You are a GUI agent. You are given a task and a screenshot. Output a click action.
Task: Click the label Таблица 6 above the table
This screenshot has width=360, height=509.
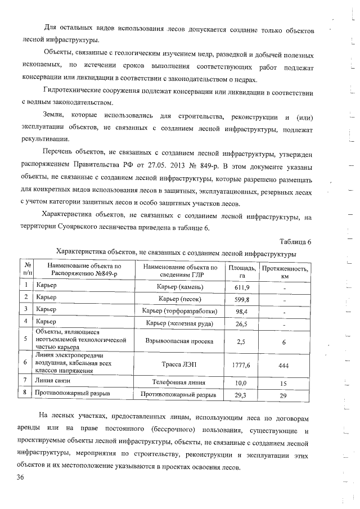(294, 242)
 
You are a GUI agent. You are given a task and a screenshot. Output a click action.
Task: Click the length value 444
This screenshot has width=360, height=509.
(284, 365)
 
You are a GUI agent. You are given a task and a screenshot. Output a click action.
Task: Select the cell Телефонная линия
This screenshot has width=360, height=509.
(179, 382)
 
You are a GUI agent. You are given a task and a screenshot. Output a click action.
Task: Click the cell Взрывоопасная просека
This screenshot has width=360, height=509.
(179, 341)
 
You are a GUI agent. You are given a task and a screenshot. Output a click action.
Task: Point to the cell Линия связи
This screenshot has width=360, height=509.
(52, 382)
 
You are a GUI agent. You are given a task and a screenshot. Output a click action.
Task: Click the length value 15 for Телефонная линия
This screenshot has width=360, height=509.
(284, 382)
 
